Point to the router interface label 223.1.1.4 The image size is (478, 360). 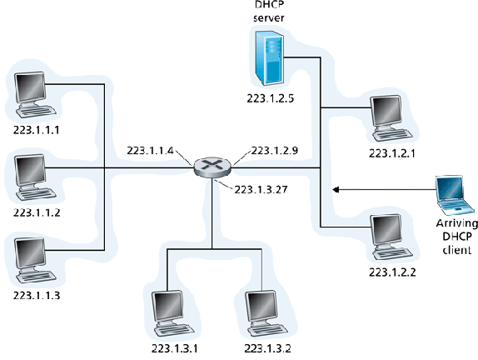pyautogui.click(x=151, y=151)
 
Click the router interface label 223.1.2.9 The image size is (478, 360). pyautogui.click(x=275, y=151)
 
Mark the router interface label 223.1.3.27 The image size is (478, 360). pyautogui.click(x=261, y=188)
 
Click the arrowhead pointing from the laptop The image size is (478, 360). pyautogui.click(x=336, y=190)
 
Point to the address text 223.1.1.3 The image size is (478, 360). pyautogui.click(x=37, y=295)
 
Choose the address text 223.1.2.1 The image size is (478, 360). pyautogui.click(x=391, y=153)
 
